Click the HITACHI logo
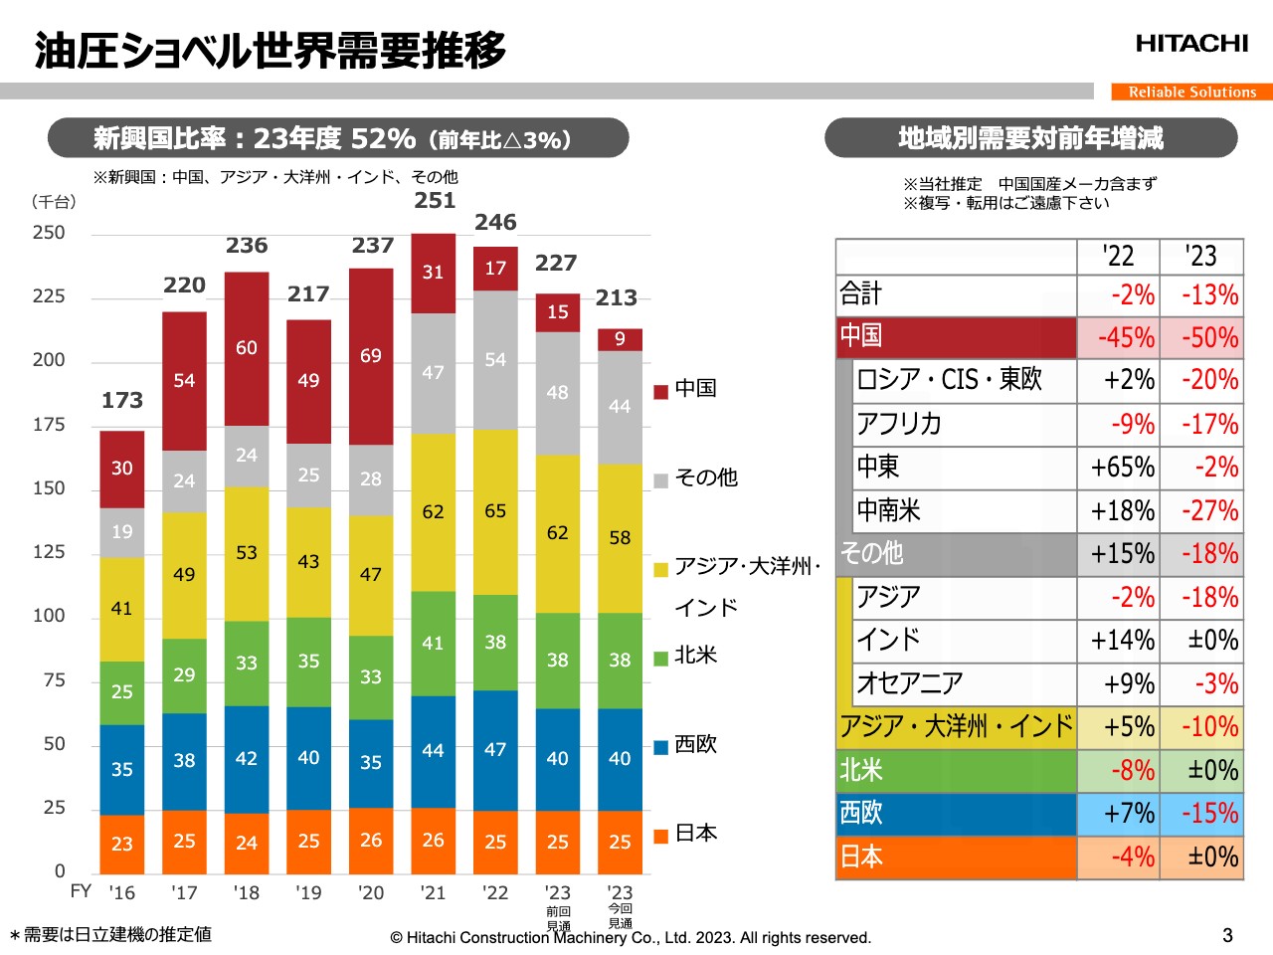[x=1191, y=44]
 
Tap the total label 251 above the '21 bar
[x=435, y=201]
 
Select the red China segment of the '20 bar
[x=371, y=356]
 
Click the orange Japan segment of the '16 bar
[x=121, y=844]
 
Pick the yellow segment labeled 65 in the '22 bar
[x=495, y=511]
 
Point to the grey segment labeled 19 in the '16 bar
[x=121, y=532]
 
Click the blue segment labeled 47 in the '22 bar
[x=495, y=750]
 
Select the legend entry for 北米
[x=686, y=656]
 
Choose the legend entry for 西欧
[x=686, y=744]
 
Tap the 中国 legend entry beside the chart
[x=686, y=389]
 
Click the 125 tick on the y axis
[x=49, y=552]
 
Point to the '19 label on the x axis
[x=308, y=892]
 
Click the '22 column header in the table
[x=1118, y=257]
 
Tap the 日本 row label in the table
[x=862, y=857]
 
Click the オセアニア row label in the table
[x=910, y=683]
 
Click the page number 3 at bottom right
[x=1227, y=935]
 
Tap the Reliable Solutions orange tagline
[x=1191, y=92]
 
